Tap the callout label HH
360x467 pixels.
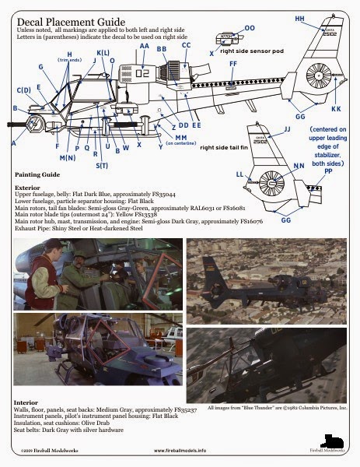(300, 17)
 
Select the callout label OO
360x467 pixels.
(250, 28)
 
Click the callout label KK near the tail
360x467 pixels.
(336, 109)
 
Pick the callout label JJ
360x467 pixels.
(287, 128)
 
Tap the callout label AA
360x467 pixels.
(145, 46)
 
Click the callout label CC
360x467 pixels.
(186, 46)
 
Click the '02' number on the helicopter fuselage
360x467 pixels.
(142, 74)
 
